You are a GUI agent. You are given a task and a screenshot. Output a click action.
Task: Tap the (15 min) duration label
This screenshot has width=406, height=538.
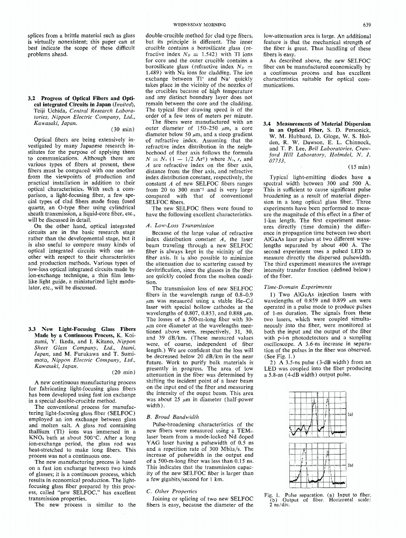[x=358, y=167]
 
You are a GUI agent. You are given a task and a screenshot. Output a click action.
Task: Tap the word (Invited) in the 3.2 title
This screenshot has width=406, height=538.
[x=111, y=104]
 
